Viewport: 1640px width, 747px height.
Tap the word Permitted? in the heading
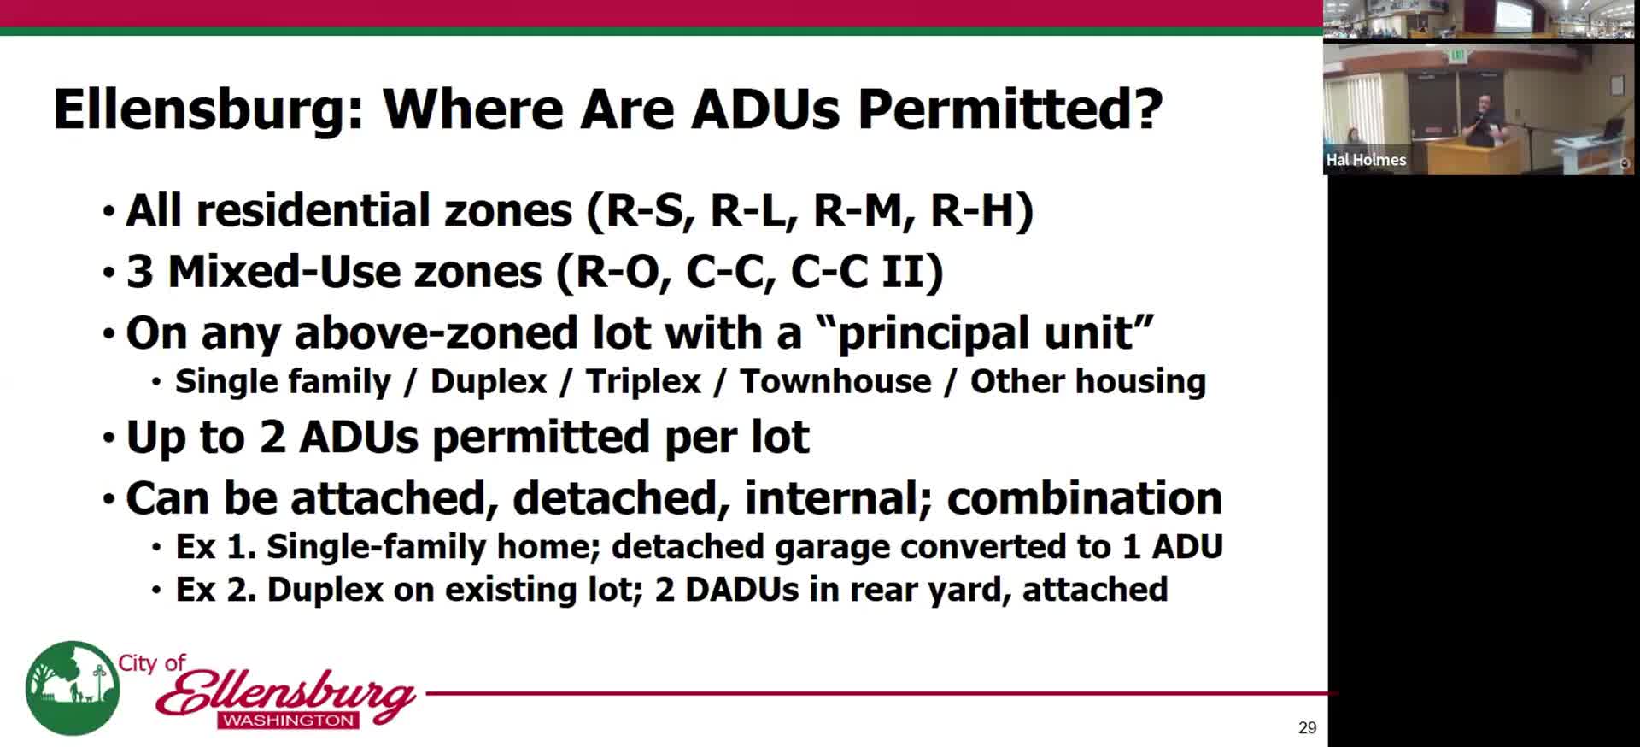click(x=1010, y=109)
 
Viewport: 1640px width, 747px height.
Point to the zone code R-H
click(x=975, y=210)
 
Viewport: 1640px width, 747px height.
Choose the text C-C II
click(x=863, y=272)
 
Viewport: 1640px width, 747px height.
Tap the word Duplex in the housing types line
click(x=489, y=382)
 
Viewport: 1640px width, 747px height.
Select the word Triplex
click(x=643, y=382)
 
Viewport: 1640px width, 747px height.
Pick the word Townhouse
click(x=835, y=382)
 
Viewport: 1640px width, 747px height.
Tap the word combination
click(x=1084, y=498)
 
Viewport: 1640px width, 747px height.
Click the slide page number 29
click(x=1307, y=727)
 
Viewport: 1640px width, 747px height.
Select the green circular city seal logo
click(x=72, y=689)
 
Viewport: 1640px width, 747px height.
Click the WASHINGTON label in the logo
click(x=289, y=721)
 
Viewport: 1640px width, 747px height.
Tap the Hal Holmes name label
click(x=1366, y=160)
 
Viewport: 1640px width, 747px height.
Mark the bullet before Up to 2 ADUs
click(x=108, y=438)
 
